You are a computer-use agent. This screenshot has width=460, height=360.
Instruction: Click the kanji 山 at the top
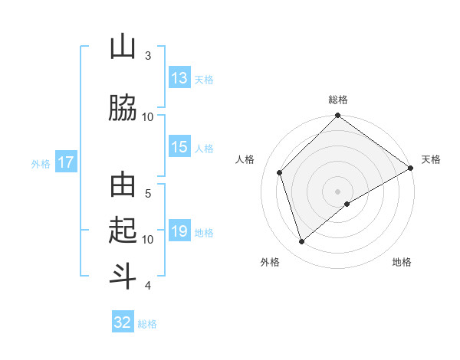coord(123,47)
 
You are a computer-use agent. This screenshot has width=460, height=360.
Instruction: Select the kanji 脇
coord(123,107)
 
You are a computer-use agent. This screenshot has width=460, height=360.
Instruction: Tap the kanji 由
coord(123,187)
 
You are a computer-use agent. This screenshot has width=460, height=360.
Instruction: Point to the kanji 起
coord(123,230)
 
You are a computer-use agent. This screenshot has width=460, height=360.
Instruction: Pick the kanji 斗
coord(123,274)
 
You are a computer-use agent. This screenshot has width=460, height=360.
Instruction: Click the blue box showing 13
coord(179,78)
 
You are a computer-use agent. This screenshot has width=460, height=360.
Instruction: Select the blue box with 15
coord(179,148)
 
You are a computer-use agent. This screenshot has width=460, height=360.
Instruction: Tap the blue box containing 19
coord(179,231)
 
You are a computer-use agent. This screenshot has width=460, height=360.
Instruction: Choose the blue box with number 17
coord(66,162)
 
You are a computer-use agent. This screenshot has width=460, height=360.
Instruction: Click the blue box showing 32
coord(123,322)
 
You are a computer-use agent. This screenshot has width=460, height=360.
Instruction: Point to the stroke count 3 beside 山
coord(148,56)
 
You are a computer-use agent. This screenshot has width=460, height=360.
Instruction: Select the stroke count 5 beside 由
coord(148,194)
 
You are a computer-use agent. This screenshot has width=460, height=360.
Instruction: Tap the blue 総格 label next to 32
coord(147,324)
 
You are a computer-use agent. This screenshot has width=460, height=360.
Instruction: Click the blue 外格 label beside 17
coord(41,163)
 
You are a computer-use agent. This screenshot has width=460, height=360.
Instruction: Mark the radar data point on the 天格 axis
coord(411,169)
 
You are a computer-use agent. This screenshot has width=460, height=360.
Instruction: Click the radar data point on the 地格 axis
coord(347,204)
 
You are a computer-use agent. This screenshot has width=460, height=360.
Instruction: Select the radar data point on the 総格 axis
coord(337,116)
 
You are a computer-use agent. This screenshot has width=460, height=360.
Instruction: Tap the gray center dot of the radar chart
coord(337,191)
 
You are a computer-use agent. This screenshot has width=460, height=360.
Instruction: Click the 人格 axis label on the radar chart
coord(245,159)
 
